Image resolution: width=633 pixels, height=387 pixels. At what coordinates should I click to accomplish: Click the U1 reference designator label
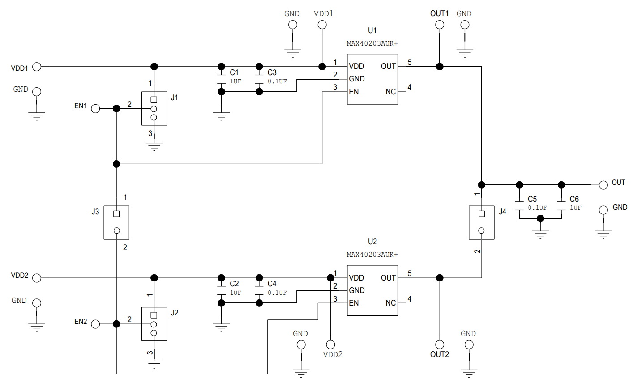(372, 30)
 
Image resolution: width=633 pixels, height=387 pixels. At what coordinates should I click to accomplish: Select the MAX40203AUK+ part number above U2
(372, 255)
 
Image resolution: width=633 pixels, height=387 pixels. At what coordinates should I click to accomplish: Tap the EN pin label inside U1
(354, 92)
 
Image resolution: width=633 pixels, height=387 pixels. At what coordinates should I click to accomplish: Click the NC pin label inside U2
(390, 303)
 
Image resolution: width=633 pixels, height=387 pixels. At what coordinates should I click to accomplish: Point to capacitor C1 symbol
(221, 79)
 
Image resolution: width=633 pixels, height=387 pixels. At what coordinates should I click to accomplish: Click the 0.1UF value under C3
(277, 81)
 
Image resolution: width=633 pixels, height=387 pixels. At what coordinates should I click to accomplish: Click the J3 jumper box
(116, 222)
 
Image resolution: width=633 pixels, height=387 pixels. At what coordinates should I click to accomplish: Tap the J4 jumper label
(502, 212)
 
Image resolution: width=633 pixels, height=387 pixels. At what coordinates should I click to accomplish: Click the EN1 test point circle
(96, 108)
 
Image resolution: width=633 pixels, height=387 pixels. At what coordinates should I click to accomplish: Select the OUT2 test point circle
(440, 344)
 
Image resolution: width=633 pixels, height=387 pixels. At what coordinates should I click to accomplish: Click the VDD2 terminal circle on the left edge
(37, 278)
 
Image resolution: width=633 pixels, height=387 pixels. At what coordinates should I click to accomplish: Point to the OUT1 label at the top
(439, 13)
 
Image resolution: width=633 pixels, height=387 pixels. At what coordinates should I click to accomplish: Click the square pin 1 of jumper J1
(154, 99)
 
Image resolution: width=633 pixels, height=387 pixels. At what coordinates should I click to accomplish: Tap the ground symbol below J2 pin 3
(154, 364)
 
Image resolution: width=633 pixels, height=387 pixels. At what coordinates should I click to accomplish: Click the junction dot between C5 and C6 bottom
(540, 218)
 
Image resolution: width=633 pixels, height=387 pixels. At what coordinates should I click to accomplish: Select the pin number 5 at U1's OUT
(409, 62)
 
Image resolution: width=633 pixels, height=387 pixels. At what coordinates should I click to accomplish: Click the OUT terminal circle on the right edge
(603, 184)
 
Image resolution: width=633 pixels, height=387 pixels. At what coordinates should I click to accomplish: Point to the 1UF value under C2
(235, 293)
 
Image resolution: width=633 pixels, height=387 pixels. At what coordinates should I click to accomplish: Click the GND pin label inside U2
(356, 290)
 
